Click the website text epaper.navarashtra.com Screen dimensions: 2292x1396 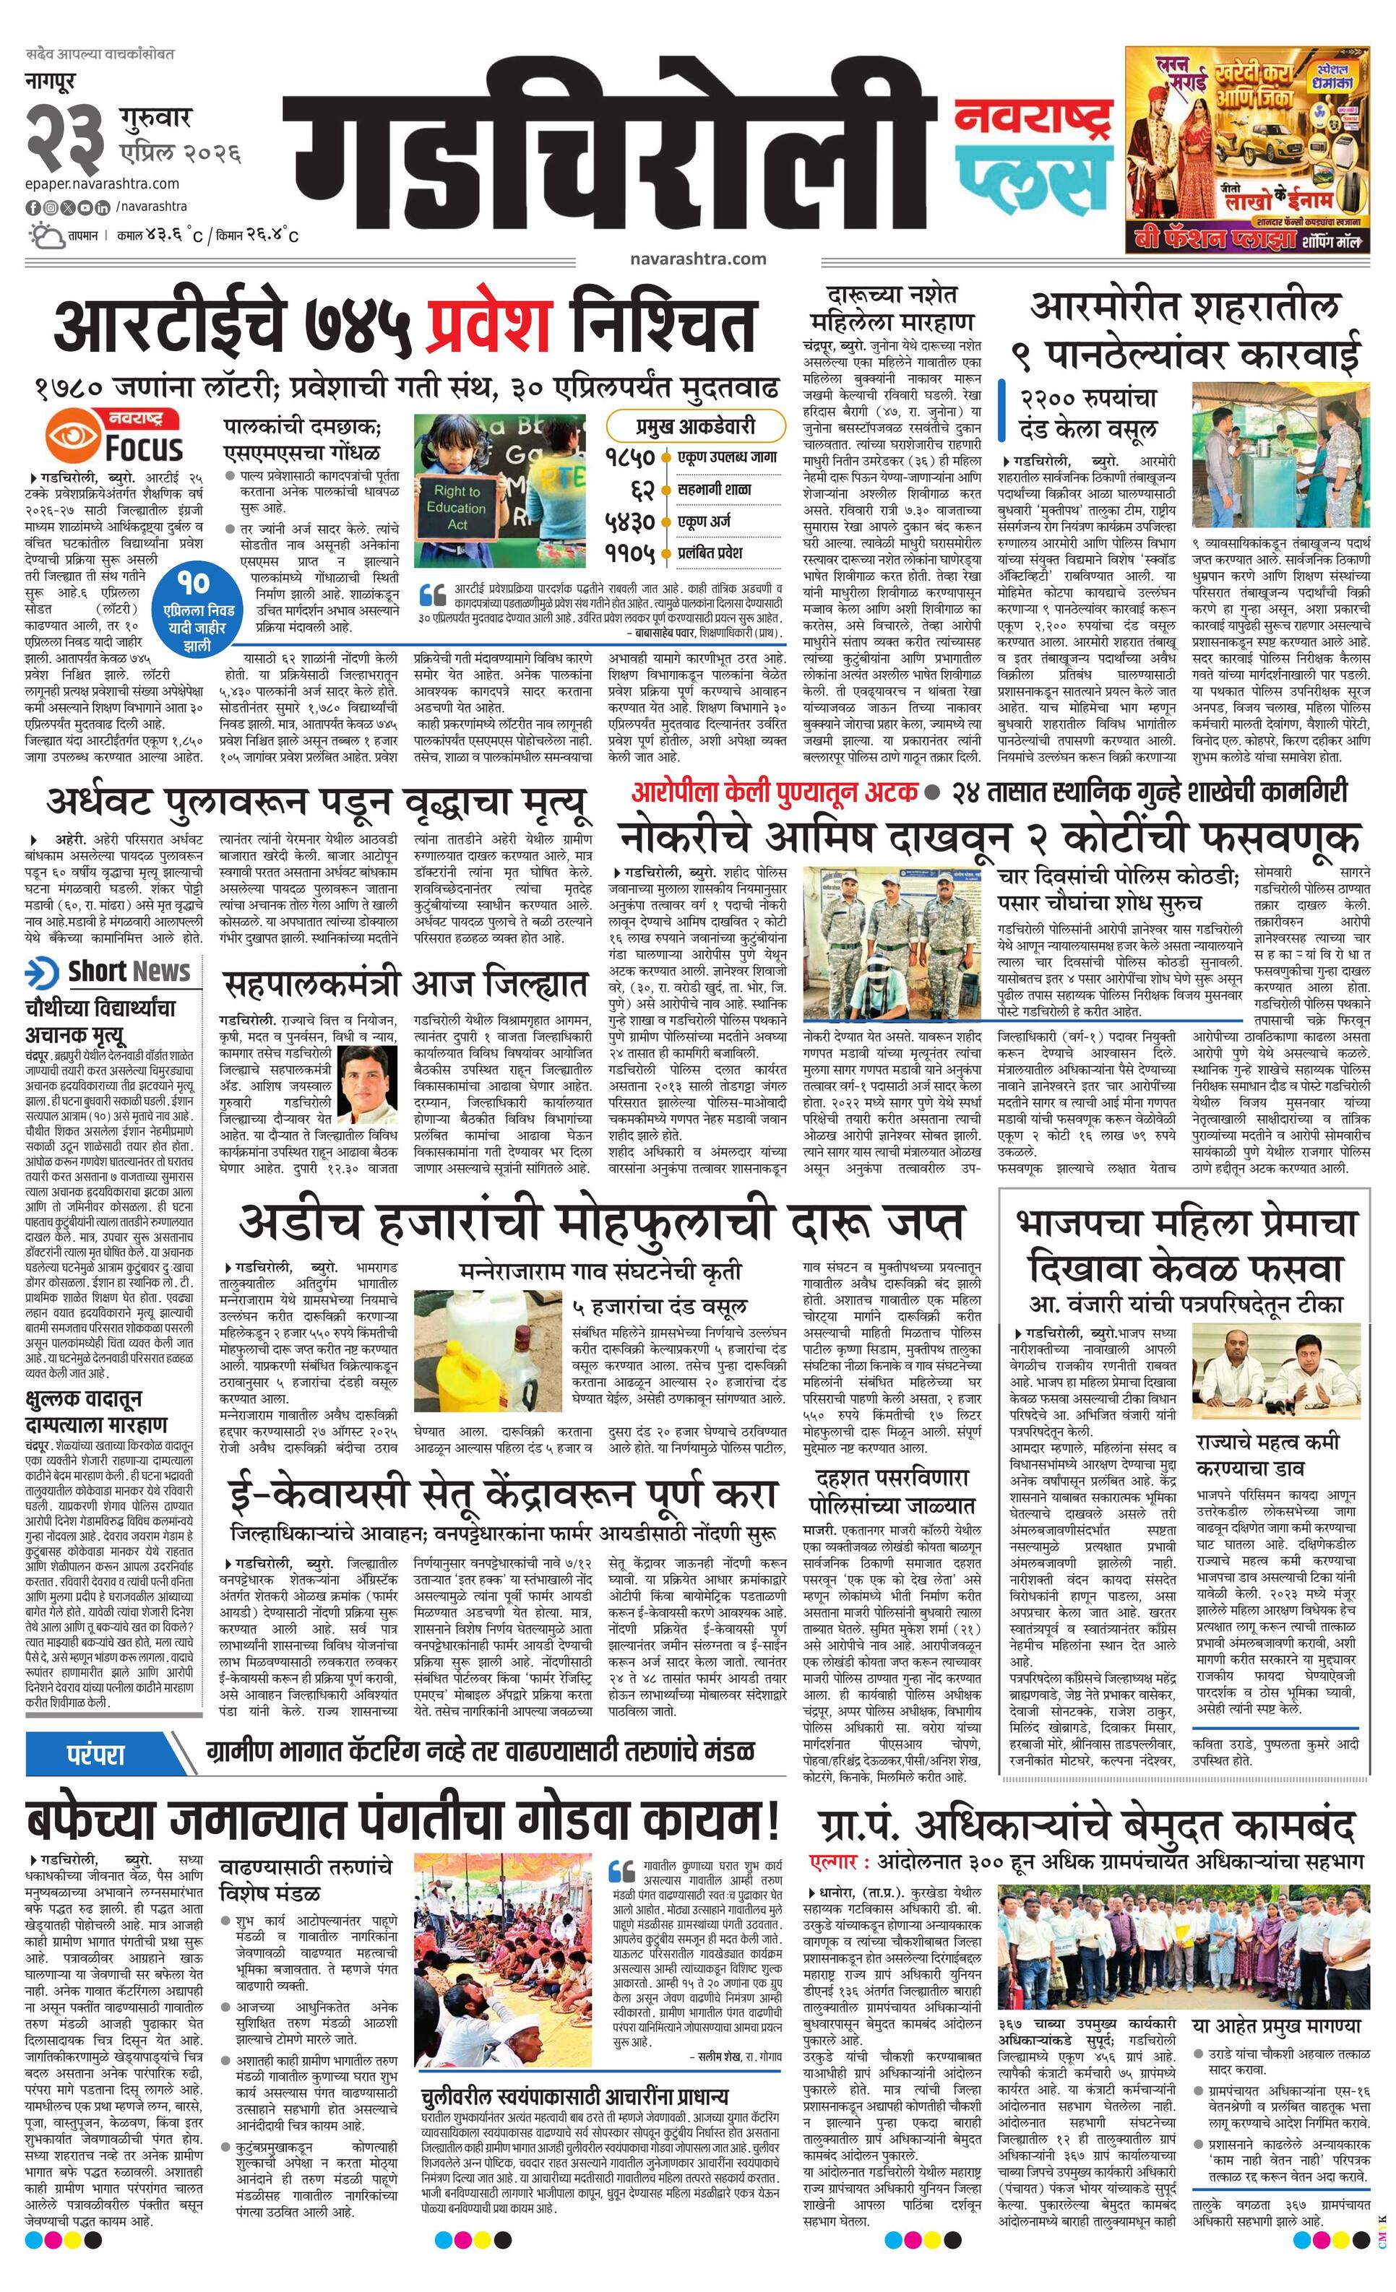[103, 184]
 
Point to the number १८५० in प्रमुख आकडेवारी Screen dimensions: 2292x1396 [630, 458]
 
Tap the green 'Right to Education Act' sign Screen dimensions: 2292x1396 [456, 508]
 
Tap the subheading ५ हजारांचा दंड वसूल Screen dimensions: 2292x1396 [659, 1306]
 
